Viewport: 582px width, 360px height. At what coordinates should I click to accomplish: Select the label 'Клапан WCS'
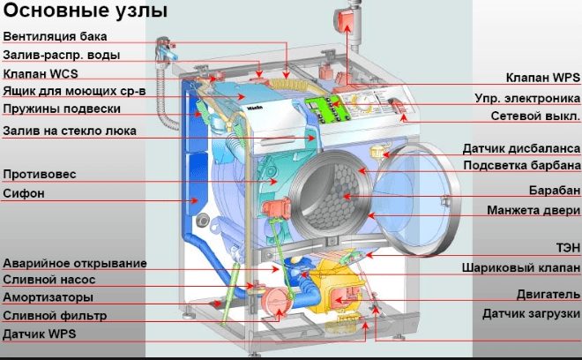click(x=41, y=73)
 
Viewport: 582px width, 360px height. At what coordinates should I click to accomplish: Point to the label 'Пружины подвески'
click(x=61, y=110)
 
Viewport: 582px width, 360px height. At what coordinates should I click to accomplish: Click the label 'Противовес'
click(x=40, y=174)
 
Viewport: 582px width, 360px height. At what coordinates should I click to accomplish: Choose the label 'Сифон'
click(x=24, y=192)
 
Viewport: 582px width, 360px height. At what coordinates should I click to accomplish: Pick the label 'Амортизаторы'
click(x=48, y=297)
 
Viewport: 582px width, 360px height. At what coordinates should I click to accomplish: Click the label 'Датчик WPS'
click(x=40, y=334)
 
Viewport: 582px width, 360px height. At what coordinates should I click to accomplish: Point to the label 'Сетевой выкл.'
click(x=535, y=116)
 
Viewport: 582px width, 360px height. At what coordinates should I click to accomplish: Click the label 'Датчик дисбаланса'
click(x=521, y=147)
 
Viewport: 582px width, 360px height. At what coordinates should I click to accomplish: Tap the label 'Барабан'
click(x=554, y=190)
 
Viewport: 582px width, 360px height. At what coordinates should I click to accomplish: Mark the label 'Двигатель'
click(x=548, y=294)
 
